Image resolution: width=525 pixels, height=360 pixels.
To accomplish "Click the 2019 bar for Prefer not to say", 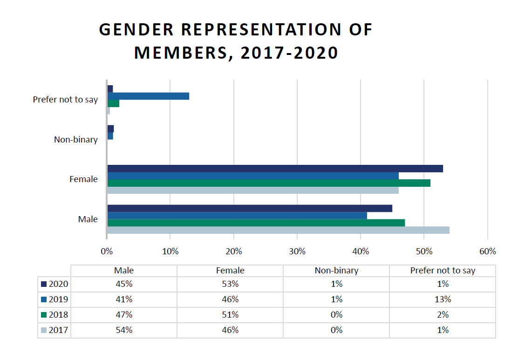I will (x=148, y=96).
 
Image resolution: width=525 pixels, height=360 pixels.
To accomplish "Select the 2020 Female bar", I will (x=275, y=169).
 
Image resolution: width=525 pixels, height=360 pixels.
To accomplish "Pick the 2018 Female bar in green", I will (x=269, y=183).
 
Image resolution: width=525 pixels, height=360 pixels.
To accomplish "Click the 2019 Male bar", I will (x=237, y=216).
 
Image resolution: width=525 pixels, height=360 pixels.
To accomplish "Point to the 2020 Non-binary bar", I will (x=110, y=129).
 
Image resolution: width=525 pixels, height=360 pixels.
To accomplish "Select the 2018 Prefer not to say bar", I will (x=113, y=103).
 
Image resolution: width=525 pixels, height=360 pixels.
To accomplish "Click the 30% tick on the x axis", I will (x=297, y=251).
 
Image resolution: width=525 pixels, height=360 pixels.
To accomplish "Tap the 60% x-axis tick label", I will (x=487, y=251).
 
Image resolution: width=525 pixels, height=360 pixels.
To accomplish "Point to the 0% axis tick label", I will (x=107, y=251).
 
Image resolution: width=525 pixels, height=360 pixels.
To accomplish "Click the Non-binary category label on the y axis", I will (x=76, y=140).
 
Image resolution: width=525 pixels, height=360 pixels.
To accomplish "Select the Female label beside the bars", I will (x=83, y=179).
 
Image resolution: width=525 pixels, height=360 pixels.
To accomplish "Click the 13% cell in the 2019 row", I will (x=443, y=299).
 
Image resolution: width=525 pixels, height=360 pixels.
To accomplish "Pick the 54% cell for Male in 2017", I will (x=124, y=330).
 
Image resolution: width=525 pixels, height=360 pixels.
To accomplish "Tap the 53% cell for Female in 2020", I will (x=230, y=284).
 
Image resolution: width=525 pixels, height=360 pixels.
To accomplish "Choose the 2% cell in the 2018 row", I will (x=443, y=315).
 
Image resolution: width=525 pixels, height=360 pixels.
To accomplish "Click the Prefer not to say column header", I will (x=443, y=271).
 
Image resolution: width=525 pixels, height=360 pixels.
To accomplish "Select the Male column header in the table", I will (x=124, y=271).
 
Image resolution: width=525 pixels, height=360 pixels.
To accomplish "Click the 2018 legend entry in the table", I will (x=55, y=315).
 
